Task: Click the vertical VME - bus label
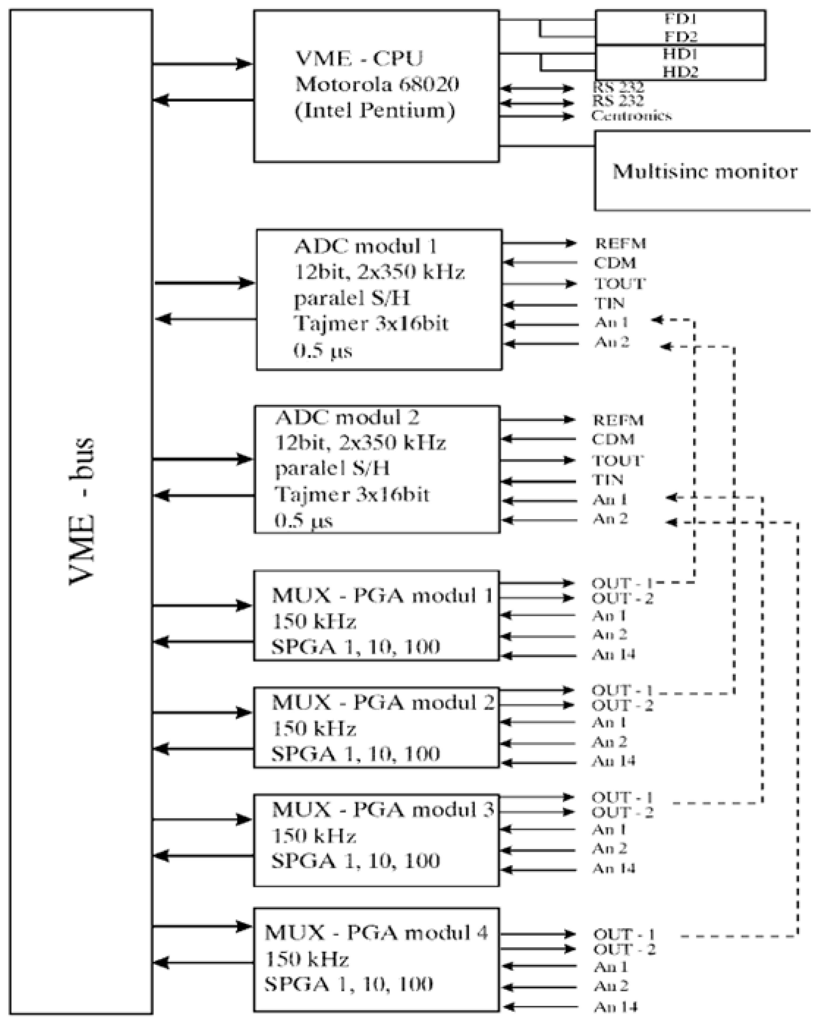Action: (82, 511)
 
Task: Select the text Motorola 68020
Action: (377, 84)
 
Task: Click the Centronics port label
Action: (631, 116)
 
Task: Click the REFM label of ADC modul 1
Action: (620, 243)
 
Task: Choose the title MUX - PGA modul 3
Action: (382, 809)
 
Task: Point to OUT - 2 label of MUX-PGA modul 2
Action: (622, 706)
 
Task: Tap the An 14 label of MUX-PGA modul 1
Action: (613, 655)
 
